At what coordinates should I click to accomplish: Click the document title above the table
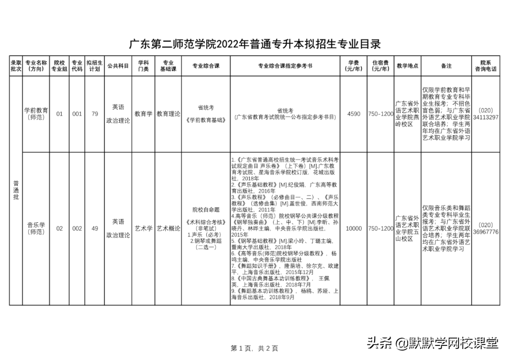tap(254, 44)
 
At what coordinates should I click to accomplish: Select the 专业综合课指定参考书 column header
tap(285, 66)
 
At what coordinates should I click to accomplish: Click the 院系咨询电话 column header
tap(485, 66)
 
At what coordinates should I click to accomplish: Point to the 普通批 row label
tap(16, 190)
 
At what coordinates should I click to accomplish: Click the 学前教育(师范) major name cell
tap(36, 114)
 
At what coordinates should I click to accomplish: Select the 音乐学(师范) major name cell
tap(36, 229)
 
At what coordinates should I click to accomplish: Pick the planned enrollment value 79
tap(95, 114)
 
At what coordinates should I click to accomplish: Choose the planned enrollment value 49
tap(95, 229)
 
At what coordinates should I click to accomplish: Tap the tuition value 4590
tap(353, 114)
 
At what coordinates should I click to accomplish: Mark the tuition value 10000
tap(353, 229)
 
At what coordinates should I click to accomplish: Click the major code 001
tap(77, 114)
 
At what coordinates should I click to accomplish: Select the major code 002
tap(77, 229)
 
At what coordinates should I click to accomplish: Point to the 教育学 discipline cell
tap(143, 114)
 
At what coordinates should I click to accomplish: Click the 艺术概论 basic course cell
tap(168, 229)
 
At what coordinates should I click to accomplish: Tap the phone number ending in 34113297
tap(485, 114)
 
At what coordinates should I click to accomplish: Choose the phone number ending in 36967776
tap(485, 229)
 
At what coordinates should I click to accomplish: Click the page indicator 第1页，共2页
tap(254, 348)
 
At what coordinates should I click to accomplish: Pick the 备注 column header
tap(446, 66)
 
